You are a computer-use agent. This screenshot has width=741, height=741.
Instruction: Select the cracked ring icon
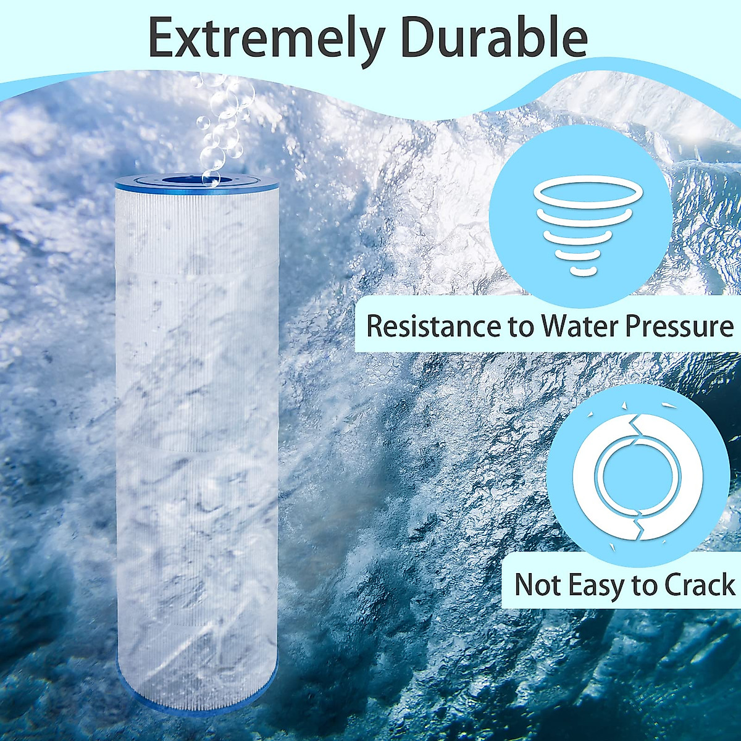[x=638, y=477]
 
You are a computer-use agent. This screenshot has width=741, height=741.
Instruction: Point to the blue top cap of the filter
[x=196, y=182]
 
